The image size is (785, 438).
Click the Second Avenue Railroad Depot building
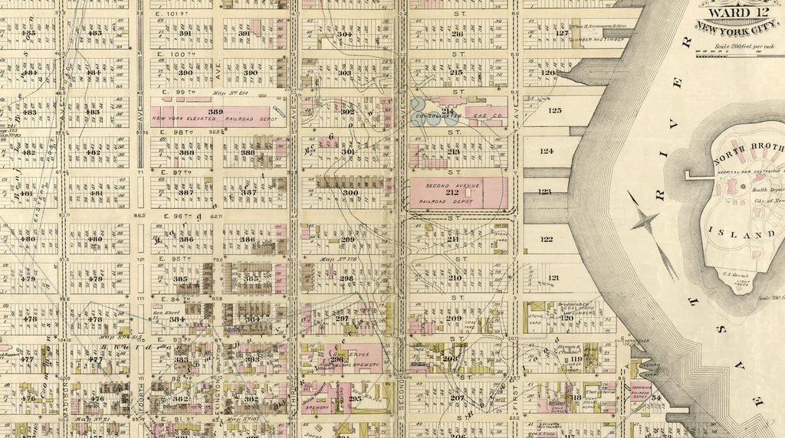(458, 193)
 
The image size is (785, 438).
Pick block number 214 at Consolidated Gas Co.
(449, 112)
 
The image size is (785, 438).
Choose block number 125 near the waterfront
(554, 110)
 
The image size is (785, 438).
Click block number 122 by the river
(547, 239)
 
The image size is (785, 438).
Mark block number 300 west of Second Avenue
(350, 193)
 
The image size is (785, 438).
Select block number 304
(345, 34)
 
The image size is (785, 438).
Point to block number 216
(457, 34)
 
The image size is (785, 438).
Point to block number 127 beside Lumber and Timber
(563, 33)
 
